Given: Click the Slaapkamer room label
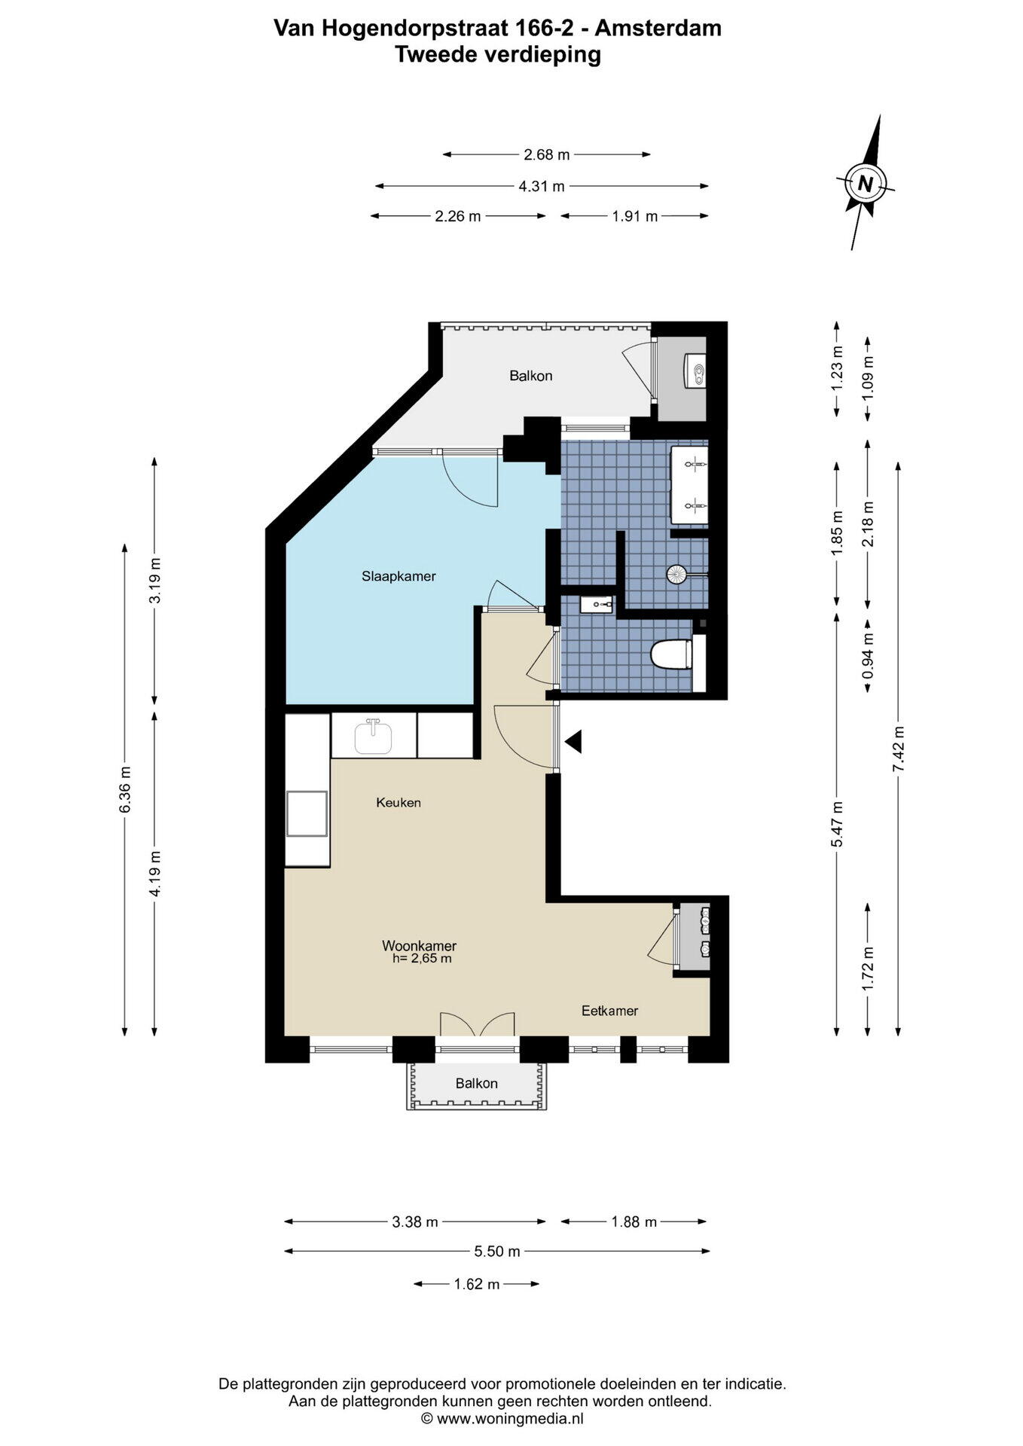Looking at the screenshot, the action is pyautogui.click(x=399, y=577).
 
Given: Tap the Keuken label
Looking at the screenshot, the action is pyautogui.click(x=399, y=803).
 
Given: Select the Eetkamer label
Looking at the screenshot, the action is pyautogui.click(x=609, y=1011).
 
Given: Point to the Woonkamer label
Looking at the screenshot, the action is pyautogui.click(x=419, y=946).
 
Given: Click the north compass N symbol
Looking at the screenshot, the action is pyautogui.click(x=866, y=182).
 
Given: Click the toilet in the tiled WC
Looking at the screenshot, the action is pyautogui.click(x=670, y=654).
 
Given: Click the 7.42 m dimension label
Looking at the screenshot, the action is pyautogui.click(x=897, y=748).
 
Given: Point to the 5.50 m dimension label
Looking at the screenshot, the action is pyautogui.click(x=497, y=1252).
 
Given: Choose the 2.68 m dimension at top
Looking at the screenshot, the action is pyautogui.click(x=547, y=155).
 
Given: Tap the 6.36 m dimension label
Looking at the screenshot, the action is pyautogui.click(x=125, y=789).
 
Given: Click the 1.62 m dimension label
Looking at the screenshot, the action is pyautogui.click(x=477, y=1284).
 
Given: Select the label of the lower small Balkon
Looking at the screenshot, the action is pyautogui.click(x=476, y=1084).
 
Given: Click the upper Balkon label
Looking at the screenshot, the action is pyautogui.click(x=531, y=376).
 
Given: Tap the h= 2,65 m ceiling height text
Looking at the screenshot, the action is pyautogui.click(x=422, y=959).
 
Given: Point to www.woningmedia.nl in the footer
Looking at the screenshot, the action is pyautogui.click(x=510, y=1419).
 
